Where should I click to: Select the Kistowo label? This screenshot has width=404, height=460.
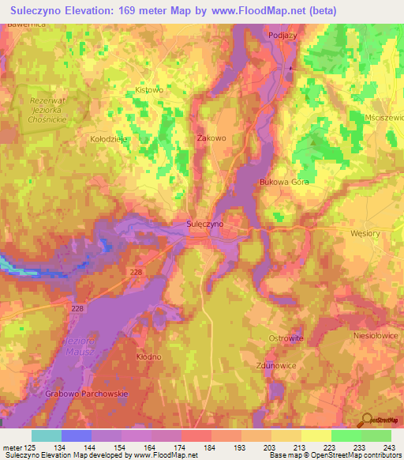click(x=148, y=90)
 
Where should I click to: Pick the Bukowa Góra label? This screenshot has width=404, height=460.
click(x=283, y=182)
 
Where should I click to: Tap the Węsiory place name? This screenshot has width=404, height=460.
click(x=365, y=235)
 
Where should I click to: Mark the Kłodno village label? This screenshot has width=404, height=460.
click(x=148, y=357)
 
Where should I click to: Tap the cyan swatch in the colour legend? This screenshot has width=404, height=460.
click(x=46, y=435)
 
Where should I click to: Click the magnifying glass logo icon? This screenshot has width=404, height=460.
click(x=366, y=419)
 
